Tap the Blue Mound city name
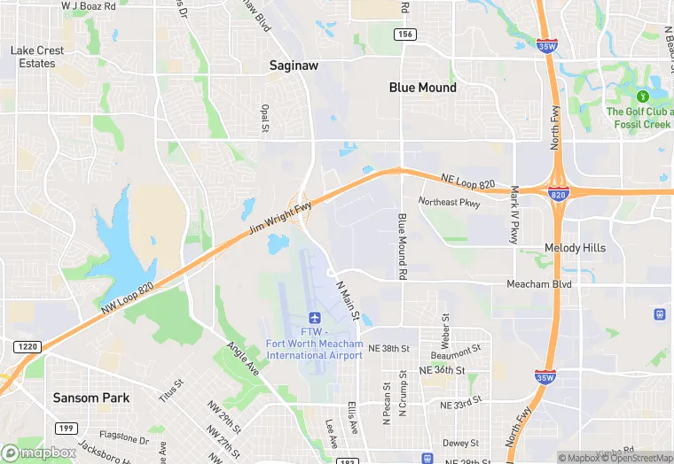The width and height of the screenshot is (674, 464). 423,88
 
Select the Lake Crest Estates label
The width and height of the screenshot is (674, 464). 37,57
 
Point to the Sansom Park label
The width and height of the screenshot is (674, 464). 90,398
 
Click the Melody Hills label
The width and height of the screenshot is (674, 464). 575,248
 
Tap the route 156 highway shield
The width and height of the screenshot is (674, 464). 405,34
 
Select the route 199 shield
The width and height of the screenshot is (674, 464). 64,428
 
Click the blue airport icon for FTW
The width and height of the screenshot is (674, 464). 314,318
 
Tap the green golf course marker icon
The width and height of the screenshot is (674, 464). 643,96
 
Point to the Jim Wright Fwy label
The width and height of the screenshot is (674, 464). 279,217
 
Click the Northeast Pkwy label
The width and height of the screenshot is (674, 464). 450,203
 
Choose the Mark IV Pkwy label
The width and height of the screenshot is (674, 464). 513,215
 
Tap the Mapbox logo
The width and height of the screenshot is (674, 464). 40,452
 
